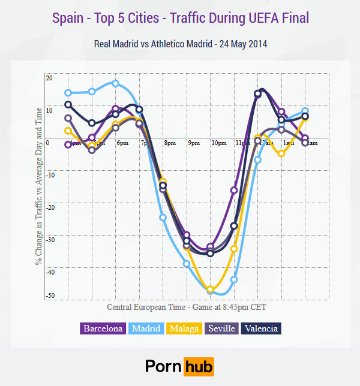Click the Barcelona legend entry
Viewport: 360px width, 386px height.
click(x=103, y=328)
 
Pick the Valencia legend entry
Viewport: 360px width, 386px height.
click(x=261, y=328)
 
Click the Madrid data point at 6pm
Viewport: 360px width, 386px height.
click(x=116, y=83)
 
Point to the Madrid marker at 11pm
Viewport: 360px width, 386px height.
click(x=234, y=279)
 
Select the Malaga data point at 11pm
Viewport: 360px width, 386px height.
click(x=234, y=249)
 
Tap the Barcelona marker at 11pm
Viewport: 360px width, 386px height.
click(x=234, y=190)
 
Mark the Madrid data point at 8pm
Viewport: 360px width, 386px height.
click(x=163, y=218)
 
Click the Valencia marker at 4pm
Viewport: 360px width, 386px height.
click(x=68, y=104)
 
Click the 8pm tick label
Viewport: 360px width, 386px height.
click(x=170, y=144)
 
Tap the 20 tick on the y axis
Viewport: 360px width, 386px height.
click(x=49, y=78)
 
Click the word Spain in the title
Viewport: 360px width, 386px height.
click(x=68, y=18)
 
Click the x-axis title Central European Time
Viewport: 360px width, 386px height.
click(x=145, y=307)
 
